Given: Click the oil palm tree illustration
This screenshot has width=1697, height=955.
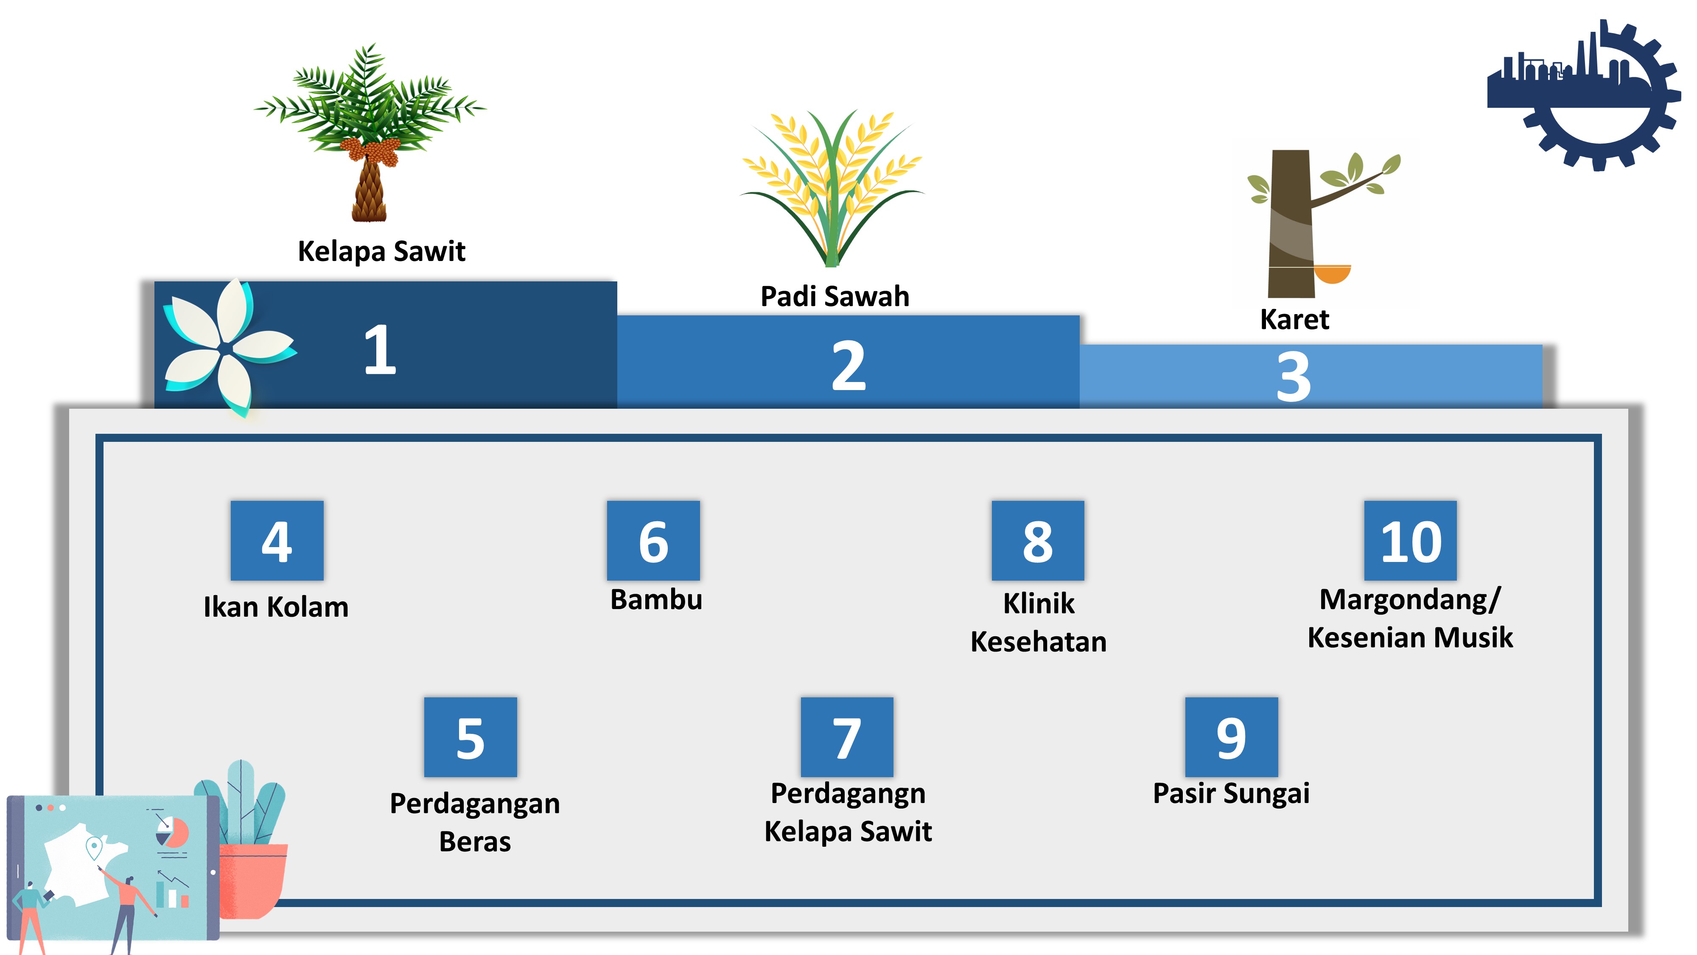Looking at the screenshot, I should (x=370, y=132).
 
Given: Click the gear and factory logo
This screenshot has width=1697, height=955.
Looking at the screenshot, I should (x=1584, y=95).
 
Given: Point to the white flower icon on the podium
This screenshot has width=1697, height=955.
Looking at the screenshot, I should (x=224, y=346).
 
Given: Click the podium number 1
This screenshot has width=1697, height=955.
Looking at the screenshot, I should (x=380, y=350).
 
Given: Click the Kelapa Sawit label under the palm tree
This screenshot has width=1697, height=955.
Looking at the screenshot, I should (x=381, y=251).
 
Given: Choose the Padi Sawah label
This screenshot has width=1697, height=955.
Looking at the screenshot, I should (x=834, y=296).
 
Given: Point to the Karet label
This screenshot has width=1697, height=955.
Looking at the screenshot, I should (x=1294, y=320).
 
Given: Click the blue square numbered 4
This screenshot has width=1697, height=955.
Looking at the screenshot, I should (x=277, y=540).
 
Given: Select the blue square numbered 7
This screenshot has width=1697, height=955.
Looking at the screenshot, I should (x=846, y=737).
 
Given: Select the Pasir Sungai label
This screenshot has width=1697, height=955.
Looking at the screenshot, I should (x=1231, y=793).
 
